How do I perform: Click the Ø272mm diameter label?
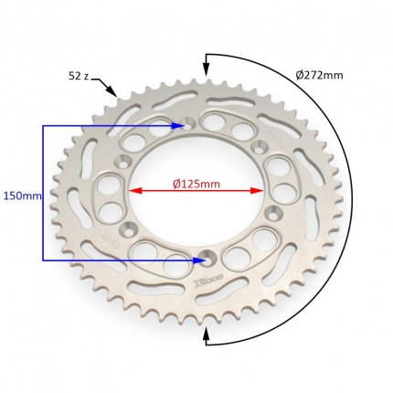(x=319, y=75)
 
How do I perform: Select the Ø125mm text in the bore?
(x=196, y=184)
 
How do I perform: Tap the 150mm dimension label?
(x=22, y=196)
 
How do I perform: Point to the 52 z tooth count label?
(x=79, y=76)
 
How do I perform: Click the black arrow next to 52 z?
(x=105, y=86)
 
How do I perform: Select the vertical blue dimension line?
(x=43, y=193)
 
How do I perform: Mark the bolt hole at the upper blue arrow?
(x=189, y=124)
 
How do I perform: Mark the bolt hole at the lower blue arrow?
(x=207, y=260)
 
